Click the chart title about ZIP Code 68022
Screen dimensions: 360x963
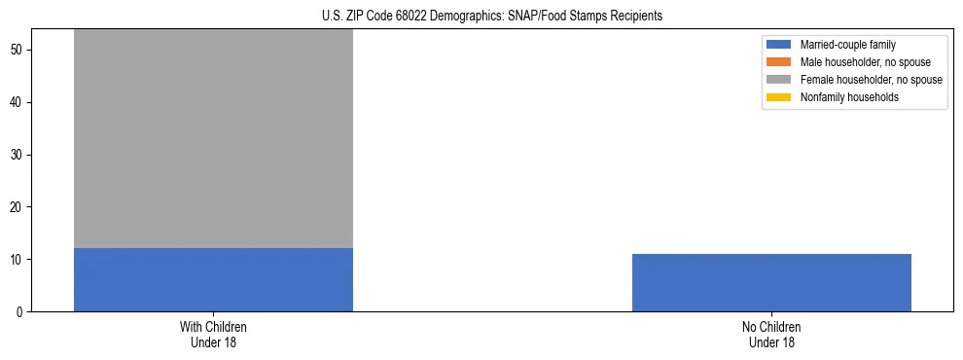491,17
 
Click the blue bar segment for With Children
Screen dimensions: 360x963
213,279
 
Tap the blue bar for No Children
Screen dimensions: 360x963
771,282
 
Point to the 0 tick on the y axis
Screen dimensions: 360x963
20,312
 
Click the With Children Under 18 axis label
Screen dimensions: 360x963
213,335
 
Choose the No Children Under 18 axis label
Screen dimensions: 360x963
771,335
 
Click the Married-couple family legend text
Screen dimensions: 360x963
847,45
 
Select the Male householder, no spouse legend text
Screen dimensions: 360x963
865,62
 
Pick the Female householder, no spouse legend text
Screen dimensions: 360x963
871,80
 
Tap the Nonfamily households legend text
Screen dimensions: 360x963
849,97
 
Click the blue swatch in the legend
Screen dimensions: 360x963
779,45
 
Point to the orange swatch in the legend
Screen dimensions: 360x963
779,62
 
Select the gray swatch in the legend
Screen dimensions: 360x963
779,80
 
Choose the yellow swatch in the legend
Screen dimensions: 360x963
779,97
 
